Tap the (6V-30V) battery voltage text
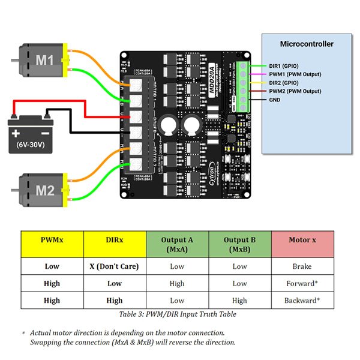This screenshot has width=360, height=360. (x=29, y=145)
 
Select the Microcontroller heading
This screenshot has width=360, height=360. (x=307, y=44)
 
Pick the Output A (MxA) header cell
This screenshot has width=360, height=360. (x=177, y=244)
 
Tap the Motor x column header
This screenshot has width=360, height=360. (x=302, y=240)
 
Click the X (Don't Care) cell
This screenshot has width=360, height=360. (x=115, y=266)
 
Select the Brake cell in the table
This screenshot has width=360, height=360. (x=302, y=266)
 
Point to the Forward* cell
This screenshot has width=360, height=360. (x=302, y=283)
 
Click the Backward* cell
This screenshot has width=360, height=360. (x=302, y=300)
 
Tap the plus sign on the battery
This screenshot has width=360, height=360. (x=16, y=131)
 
